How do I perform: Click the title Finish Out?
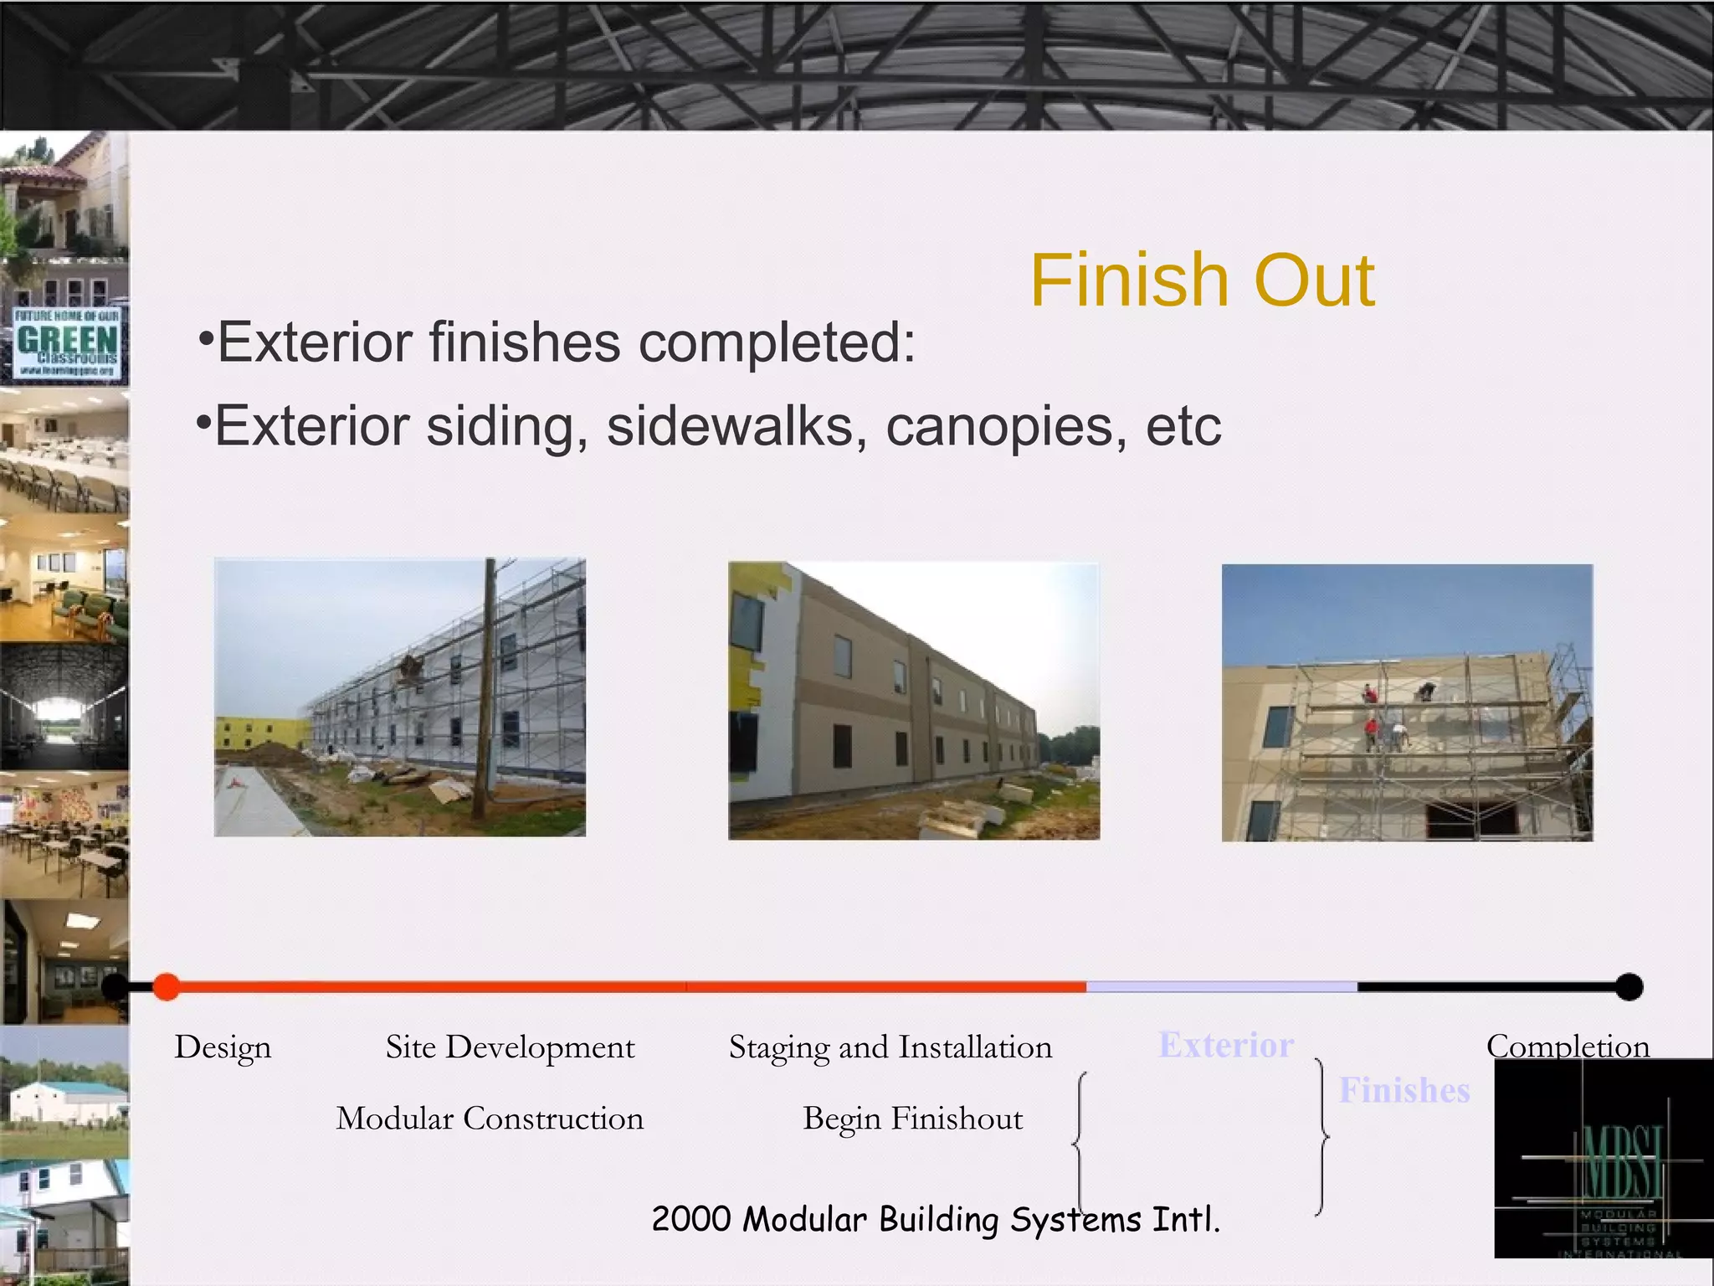pos(1202,280)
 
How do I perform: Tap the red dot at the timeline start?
pos(167,986)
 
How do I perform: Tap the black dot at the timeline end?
pos(1629,986)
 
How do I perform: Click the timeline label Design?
pos(223,1047)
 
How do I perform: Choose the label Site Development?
pos(510,1047)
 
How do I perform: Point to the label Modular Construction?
pos(490,1119)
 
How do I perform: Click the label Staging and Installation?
pos(890,1047)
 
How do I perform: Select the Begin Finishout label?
pos(912,1119)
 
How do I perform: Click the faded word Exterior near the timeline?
pos(1226,1045)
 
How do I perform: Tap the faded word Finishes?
pos(1404,1090)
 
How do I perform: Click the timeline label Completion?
pos(1568,1046)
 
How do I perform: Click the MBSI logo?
pos(1603,1160)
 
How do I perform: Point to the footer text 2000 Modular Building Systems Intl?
pos(936,1219)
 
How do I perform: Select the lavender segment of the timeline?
pos(1222,987)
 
